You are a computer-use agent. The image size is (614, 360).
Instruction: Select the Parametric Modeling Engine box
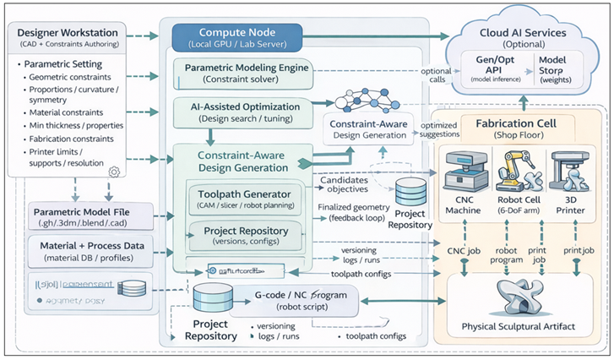[242, 72]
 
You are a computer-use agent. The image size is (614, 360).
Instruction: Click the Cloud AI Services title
[524, 32]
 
